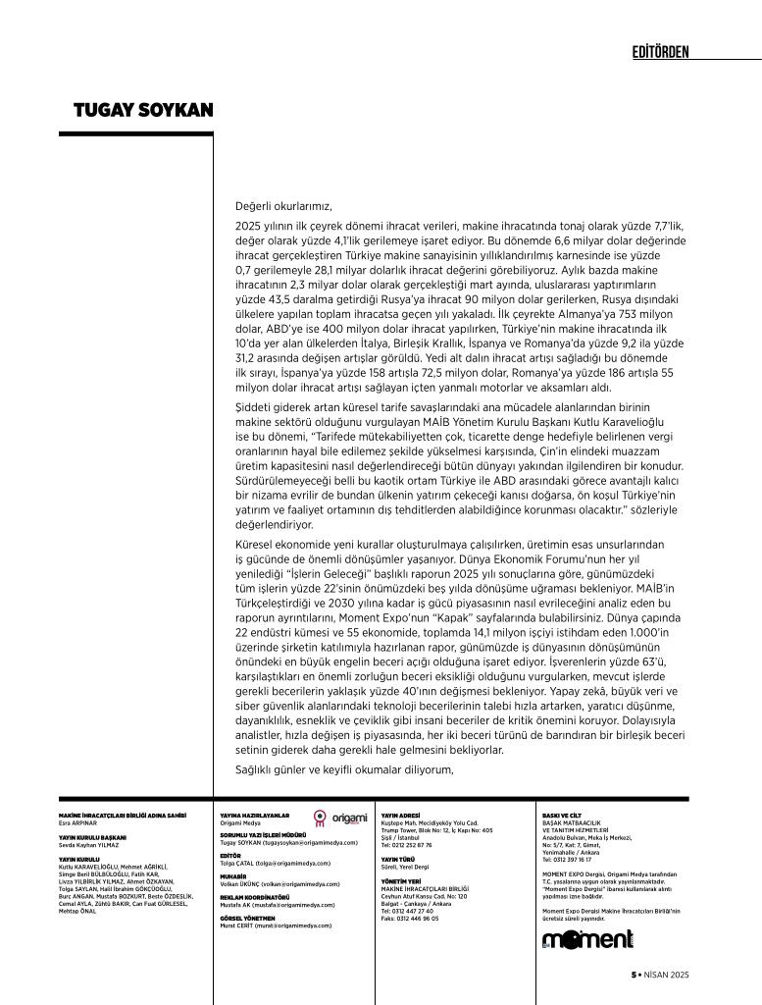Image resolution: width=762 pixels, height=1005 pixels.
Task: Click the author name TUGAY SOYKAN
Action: [143, 109]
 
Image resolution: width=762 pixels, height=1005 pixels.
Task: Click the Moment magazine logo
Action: [588, 940]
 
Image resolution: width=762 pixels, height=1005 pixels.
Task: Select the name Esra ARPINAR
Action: [78, 821]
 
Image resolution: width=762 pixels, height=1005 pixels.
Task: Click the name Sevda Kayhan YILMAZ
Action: [90, 843]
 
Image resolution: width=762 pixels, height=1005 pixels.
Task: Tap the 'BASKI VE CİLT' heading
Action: [562, 815]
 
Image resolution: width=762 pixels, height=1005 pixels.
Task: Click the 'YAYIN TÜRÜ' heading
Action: [398, 859]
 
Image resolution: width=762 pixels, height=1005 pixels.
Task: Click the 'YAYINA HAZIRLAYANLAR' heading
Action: [255, 815]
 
